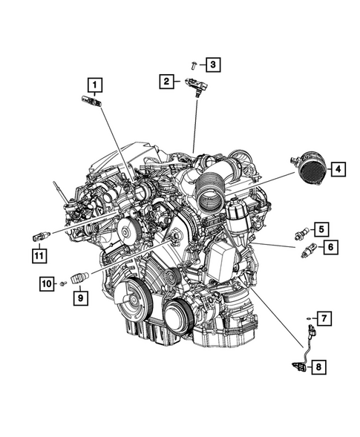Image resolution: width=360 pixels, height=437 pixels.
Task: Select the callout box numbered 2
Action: point(168,81)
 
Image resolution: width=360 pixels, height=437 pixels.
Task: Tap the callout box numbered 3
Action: point(212,65)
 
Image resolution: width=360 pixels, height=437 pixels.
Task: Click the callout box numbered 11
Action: point(38,256)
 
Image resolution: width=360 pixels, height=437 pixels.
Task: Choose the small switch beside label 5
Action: point(302,231)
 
